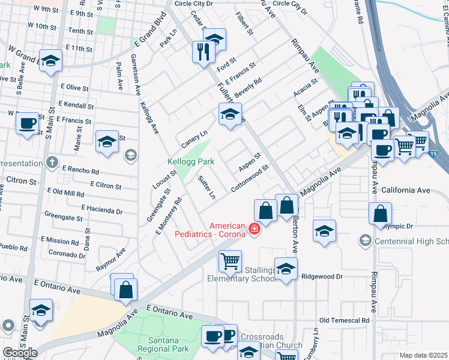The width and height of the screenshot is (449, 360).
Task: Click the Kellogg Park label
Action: click(x=190, y=162)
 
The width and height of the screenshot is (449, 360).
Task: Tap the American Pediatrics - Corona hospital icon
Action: click(x=254, y=229)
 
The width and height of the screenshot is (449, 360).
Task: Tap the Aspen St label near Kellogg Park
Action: click(x=249, y=161)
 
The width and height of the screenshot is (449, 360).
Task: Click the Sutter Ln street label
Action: click(x=206, y=187)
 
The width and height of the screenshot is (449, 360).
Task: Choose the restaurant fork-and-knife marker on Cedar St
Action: click(x=202, y=52)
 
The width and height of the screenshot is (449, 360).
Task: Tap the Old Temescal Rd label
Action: click(x=344, y=321)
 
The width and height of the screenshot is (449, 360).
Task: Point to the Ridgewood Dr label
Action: click(x=322, y=277)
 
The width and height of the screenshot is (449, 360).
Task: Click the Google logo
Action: click(x=20, y=353)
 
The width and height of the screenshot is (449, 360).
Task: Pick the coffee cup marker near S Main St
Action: click(x=26, y=124)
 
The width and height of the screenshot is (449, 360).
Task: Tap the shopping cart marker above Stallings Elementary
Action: click(x=230, y=261)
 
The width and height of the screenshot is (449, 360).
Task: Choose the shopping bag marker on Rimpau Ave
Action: click(x=381, y=213)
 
